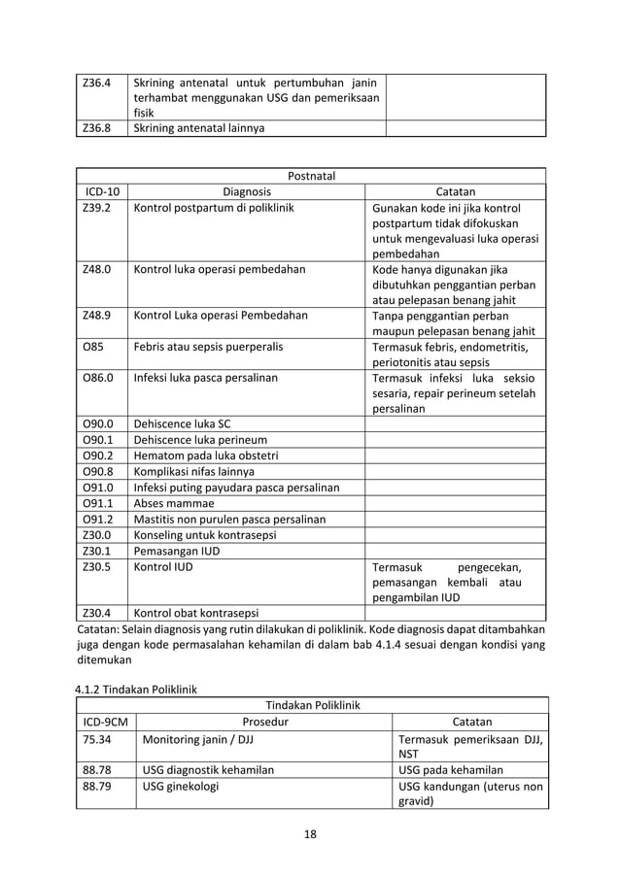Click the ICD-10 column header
[x=101, y=192]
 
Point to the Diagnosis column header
[x=247, y=192]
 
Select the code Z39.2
[x=97, y=209]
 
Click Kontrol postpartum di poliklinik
[x=213, y=209]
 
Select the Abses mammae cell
[x=174, y=503]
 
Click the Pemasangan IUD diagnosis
[x=177, y=550]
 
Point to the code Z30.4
[x=97, y=613]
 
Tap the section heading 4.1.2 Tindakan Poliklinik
[x=136, y=689]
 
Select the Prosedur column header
[x=264, y=722]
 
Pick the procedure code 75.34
[x=97, y=738]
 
